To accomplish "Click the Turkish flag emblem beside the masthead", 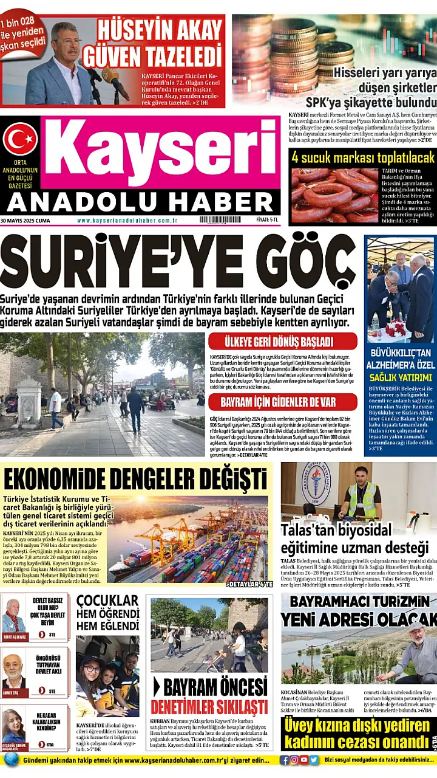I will (20, 139).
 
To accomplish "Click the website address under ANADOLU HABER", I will (127, 220).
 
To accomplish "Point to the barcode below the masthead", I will (220, 220).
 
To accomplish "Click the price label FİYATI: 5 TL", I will (266, 220).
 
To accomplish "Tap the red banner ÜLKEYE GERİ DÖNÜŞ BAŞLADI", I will (282, 341).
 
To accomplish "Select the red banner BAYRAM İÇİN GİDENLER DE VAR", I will (282, 402).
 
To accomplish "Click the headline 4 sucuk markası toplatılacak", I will (363, 157).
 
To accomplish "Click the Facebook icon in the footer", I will (285, 760).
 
